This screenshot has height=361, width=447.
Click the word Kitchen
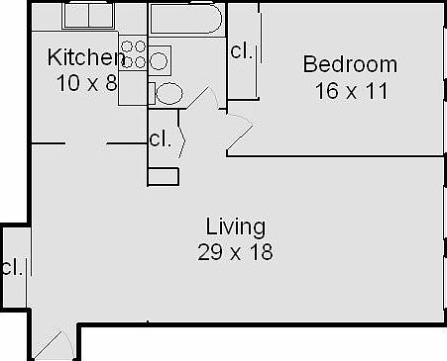pos(85,57)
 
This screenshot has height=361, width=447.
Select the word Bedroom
pos(350,65)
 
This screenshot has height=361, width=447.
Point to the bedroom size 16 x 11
pos(350,91)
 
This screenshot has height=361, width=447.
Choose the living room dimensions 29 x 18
pos(234,251)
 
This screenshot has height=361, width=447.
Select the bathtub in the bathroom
pos(186,19)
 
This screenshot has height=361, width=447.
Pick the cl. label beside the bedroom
pos(241,50)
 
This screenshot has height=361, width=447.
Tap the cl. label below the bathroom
pos(159,139)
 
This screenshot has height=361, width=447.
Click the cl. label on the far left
pos(12,267)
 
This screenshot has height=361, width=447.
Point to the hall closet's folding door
pos(184,138)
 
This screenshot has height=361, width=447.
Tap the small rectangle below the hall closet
pos(163,177)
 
